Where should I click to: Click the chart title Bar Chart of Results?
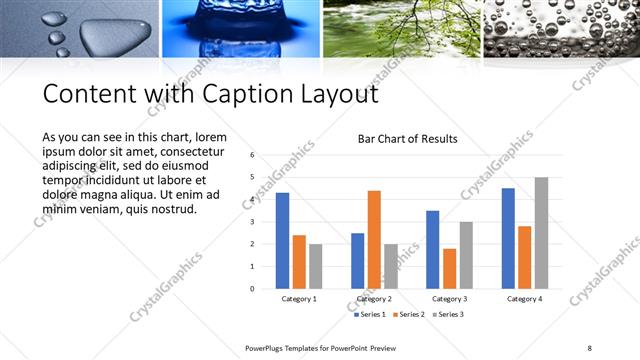click(x=408, y=139)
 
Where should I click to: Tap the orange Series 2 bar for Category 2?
click(x=374, y=239)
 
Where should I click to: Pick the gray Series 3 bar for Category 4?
click(x=541, y=233)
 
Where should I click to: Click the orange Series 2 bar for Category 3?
click(x=449, y=268)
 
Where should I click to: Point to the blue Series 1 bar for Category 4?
click(x=508, y=238)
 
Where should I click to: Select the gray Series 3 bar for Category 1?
click(x=315, y=266)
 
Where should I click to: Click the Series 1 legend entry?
click(x=371, y=314)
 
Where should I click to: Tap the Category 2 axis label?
click(x=374, y=298)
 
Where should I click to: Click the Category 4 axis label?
click(x=524, y=298)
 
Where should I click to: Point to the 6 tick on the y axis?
click(x=253, y=155)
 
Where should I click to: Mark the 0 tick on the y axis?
click(x=253, y=288)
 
